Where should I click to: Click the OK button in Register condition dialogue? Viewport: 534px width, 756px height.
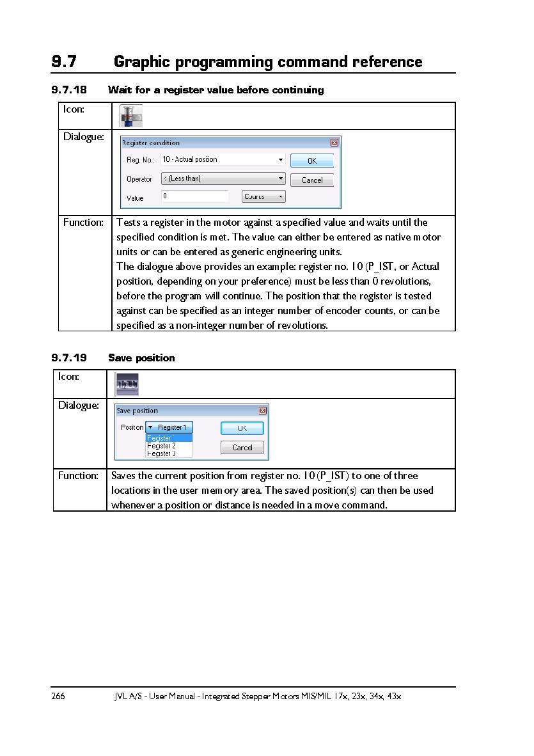(311, 161)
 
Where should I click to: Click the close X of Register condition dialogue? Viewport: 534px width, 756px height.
(334, 143)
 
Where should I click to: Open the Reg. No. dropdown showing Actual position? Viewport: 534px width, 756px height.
(223, 159)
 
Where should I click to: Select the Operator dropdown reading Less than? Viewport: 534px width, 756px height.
(223, 178)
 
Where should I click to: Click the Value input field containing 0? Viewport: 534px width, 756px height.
(194, 196)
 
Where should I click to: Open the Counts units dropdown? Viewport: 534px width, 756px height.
(263, 196)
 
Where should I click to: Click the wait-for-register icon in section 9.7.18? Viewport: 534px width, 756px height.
(131, 116)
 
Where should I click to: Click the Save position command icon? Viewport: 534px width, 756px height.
(127, 384)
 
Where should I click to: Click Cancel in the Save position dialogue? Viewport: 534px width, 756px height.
(242, 448)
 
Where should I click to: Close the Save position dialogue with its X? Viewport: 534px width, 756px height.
(262, 411)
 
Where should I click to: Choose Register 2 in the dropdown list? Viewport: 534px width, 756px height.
(161, 446)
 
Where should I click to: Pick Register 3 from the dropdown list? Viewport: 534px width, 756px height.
(161, 453)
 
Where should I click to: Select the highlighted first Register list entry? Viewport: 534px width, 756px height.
(169, 438)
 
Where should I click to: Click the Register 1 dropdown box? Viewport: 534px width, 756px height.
(169, 427)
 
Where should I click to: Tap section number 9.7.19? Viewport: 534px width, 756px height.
(69, 358)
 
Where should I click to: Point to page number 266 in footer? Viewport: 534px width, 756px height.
(58, 696)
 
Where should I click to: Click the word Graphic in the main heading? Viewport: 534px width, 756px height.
(141, 62)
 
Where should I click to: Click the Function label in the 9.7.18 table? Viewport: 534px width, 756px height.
(83, 223)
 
